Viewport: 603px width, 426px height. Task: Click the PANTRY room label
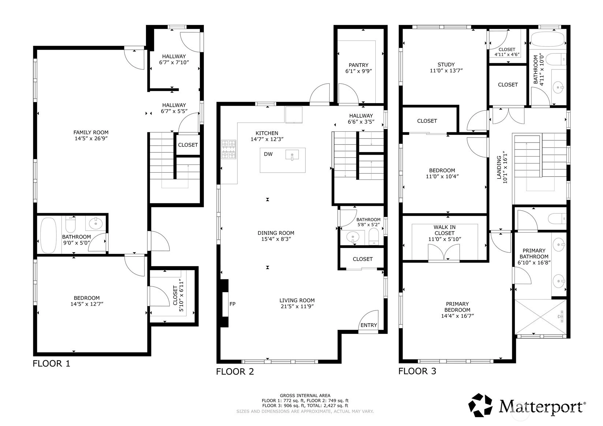358,65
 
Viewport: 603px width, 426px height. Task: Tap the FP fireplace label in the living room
233,304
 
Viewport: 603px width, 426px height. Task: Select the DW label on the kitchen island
268,154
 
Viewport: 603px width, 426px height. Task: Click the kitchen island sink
292,155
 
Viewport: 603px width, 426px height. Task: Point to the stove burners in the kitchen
229,149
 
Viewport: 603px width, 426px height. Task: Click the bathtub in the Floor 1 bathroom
48,235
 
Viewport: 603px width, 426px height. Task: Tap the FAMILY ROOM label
91,132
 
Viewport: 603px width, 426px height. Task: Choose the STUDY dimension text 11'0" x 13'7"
446,71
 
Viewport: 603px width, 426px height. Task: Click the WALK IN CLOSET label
445,230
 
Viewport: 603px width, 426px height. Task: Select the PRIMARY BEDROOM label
457,307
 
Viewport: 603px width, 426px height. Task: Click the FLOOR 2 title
235,372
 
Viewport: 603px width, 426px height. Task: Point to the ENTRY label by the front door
369,325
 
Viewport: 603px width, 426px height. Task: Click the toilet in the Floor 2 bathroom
374,236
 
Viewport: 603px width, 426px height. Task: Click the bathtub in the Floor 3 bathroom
548,39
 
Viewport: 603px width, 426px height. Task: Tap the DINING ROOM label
276,233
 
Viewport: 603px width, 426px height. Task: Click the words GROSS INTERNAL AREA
305,396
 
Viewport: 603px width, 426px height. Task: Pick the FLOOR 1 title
52,363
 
